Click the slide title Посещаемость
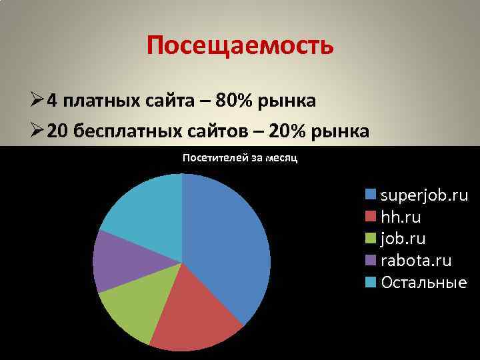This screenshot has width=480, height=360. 239,46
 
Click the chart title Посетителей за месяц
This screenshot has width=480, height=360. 240,158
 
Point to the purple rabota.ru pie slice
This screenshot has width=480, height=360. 120,260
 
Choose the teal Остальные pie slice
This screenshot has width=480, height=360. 143,210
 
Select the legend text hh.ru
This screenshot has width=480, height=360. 401,217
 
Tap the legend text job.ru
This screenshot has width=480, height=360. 403,239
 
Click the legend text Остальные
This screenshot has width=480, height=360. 423,282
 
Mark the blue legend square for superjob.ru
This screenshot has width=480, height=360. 371,195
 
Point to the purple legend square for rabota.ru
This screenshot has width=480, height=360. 371,260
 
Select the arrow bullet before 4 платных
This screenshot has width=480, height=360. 37,101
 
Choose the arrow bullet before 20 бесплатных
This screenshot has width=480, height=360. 37,131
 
